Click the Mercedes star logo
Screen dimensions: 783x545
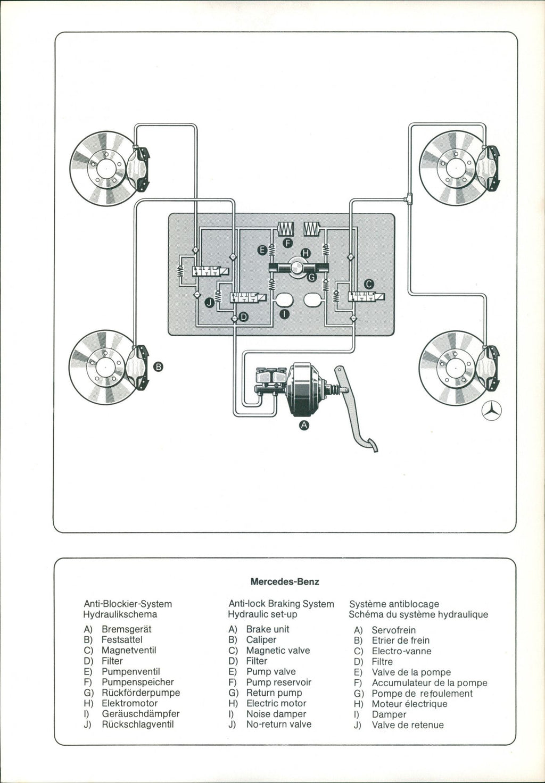(492, 410)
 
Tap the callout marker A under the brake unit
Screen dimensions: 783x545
(304, 425)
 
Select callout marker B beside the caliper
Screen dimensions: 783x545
(158, 366)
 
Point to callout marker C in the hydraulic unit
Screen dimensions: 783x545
(368, 284)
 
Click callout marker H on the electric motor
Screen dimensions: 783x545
(305, 253)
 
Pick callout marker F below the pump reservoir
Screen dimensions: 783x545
(288, 243)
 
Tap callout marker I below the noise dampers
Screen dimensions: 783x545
(284, 314)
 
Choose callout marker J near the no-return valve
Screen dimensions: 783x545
(209, 302)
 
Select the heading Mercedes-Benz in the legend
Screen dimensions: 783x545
(285, 581)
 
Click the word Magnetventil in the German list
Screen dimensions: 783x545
(129, 650)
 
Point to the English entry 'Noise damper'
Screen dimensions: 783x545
(276, 714)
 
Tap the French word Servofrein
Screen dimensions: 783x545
(393, 630)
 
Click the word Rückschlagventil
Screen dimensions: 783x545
(137, 724)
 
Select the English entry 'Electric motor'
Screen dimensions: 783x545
(276, 703)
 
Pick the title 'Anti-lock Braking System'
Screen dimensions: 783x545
(281, 604)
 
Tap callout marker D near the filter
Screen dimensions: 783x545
(244, 317)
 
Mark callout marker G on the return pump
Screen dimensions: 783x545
(312, 277)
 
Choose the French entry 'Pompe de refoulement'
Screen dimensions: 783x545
(422, 693)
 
